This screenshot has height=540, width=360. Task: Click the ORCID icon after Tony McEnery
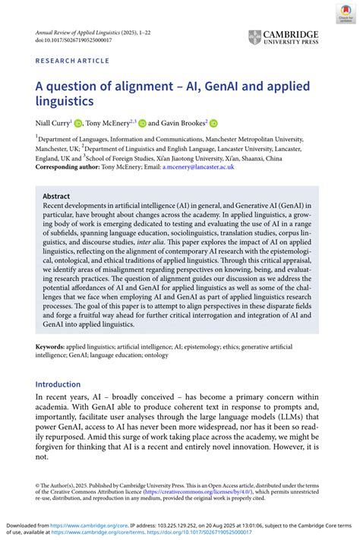click(141, 123)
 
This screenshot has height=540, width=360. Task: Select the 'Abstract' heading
click(56, 195)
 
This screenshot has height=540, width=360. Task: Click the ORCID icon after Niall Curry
click(77, 123)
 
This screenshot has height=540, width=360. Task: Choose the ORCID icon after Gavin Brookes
click(213, 123)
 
